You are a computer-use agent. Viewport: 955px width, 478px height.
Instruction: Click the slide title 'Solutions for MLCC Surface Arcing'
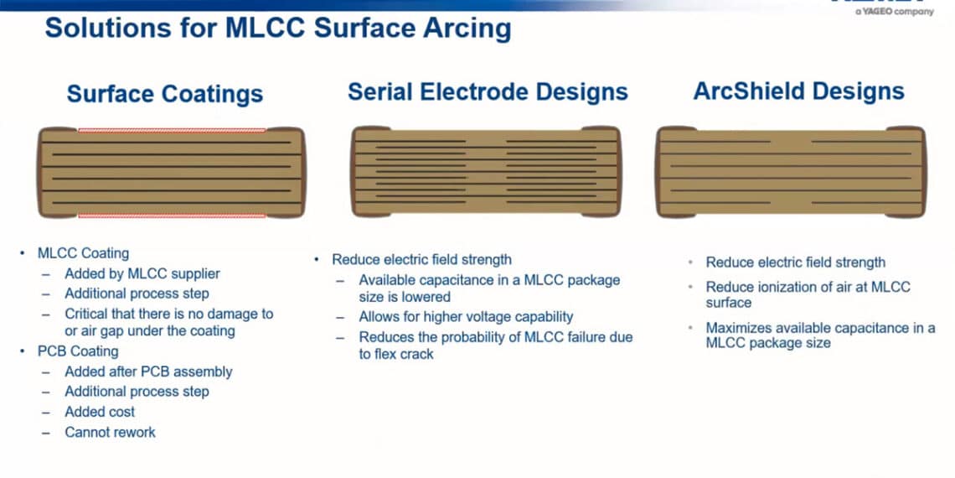277,28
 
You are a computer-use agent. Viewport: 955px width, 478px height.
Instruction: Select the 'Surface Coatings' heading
165,93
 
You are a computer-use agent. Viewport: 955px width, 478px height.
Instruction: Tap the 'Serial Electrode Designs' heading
488,91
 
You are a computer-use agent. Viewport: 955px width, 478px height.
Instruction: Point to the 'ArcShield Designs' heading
798,91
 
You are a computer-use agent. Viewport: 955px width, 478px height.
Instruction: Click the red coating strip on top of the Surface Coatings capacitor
172,130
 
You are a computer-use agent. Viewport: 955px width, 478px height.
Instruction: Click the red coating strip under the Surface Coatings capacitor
172,216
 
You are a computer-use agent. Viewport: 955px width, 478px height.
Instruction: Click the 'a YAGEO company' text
894,12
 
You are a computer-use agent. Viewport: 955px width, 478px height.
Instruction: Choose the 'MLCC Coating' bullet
83,253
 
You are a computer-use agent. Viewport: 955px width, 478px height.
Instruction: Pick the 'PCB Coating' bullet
78,351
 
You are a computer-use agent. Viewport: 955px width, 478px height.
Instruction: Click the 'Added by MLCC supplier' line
142,273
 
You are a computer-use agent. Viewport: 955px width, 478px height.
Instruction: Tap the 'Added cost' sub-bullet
100,412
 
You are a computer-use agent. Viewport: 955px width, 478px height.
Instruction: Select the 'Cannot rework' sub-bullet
110,432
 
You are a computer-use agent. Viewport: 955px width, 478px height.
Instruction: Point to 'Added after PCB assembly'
148,371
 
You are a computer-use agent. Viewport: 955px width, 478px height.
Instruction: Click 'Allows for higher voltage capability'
466,317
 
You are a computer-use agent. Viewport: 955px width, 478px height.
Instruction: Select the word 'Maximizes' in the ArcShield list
739,328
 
